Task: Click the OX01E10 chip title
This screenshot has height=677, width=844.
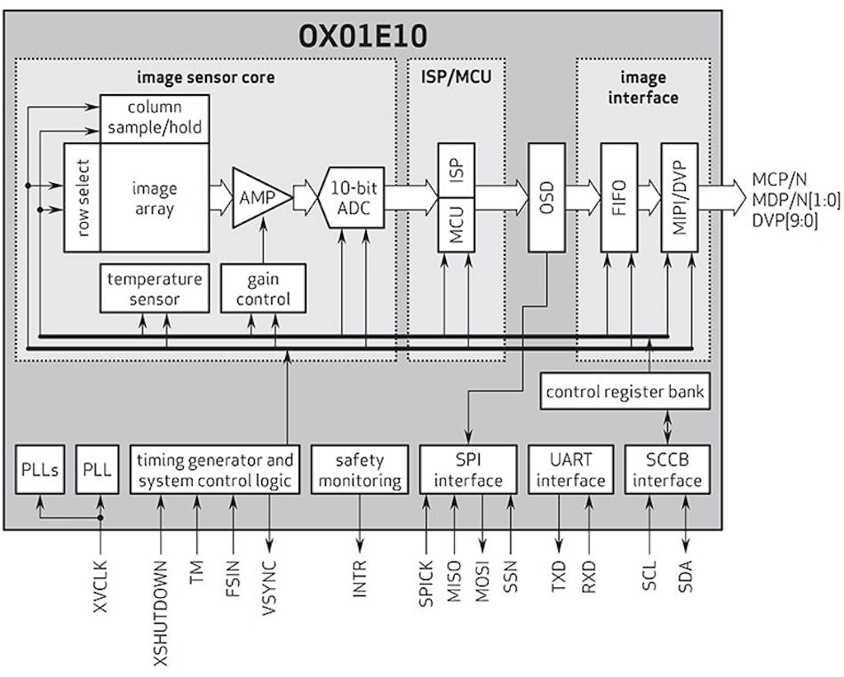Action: [x=362, y=36]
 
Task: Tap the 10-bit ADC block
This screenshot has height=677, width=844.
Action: [x=351, y=197]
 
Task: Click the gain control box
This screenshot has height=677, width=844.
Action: [x=263, y=289]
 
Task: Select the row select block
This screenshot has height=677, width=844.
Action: [x=82, y=197]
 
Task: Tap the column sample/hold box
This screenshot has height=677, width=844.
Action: [x=155, y=117]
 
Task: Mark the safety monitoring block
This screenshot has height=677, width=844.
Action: [x=360, y=470]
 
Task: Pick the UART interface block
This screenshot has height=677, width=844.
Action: [x=569, y=470]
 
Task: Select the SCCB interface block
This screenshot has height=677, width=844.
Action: [x=667, y=470]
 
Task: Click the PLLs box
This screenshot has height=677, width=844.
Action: [x=41, y=470]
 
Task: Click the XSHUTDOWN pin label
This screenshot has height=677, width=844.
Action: [x=161, y=613]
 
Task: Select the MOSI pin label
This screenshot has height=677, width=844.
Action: [x=482, y=582]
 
